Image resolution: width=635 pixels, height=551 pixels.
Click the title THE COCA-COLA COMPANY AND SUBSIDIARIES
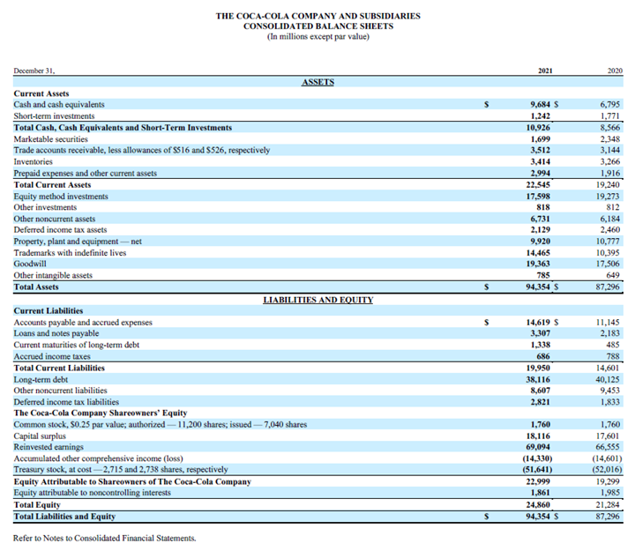pyautogui.click(x=317, y=16)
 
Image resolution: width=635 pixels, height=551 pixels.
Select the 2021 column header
pyautogui.click(x=544, y=69)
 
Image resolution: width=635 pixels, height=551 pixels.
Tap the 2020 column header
pyautogui.click(x=615, y=69)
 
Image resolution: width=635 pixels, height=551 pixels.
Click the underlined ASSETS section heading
pyautogui.click(x=317, y=82)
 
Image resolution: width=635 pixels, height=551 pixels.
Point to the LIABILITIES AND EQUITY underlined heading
pyautogui.click(x=317, y=300)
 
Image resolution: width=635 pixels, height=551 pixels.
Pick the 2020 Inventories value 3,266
pyautogui.click(x=610, y=162)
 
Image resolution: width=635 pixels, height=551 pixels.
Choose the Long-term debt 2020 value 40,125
pyautogui.click(x=609, y=379)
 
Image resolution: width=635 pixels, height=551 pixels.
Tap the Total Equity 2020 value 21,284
pyautogui.click(x=609, y=504)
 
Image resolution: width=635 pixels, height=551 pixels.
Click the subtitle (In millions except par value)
pyautogui.click(x=317, y=37)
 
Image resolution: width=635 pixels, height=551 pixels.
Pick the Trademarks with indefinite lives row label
pyautogui.click(x=70, y=252)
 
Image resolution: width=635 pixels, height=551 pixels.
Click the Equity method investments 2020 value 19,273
pyautogui.click(x=609, y=197)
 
